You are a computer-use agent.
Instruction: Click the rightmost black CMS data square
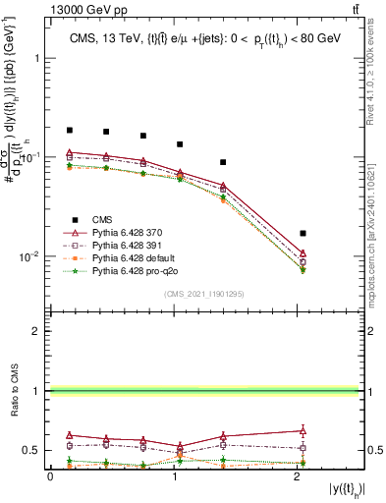303,233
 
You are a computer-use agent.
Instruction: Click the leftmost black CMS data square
70,130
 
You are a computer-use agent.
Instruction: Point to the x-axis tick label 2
297,477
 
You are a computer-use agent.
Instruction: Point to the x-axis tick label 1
173,477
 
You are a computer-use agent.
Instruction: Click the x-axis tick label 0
50,477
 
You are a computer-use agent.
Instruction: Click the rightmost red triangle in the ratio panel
303,430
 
